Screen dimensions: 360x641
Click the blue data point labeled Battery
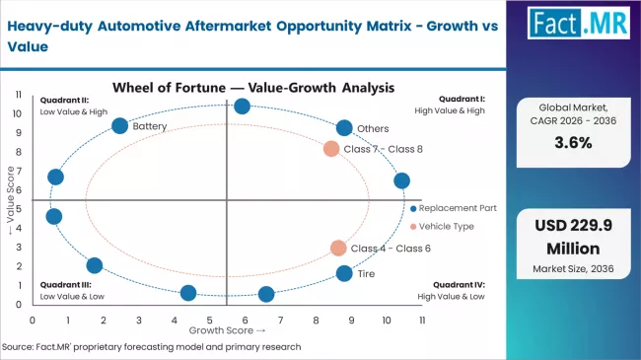120,125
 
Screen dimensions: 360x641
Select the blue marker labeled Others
344,128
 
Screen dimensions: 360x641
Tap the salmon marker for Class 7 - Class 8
331,149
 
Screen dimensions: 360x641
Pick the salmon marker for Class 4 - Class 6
338,249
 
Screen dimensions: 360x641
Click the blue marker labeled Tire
344,273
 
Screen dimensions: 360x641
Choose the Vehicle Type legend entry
447,226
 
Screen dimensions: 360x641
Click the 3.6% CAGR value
572,142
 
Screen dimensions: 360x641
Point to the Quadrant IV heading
458,284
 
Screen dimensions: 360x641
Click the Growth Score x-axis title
227,331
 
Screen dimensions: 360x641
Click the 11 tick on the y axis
18,94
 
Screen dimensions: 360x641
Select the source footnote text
151,347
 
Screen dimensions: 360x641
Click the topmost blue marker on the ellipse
243,107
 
